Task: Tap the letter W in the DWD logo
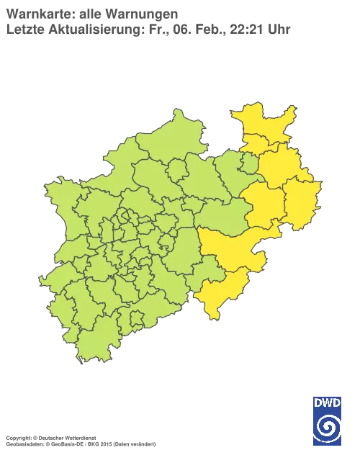(328, 402)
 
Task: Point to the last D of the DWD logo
(337, 402)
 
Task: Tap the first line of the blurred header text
(94, 13)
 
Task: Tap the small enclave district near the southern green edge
(134, 316)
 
